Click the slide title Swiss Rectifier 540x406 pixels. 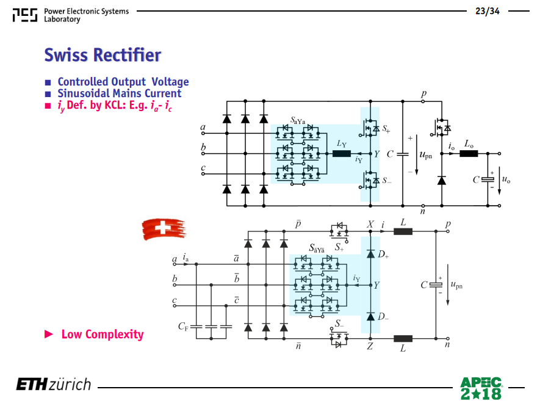click(103, 55)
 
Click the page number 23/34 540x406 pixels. click(488, 11)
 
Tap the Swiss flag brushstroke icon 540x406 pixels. click(164, 228)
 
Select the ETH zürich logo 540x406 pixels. click(54, 385)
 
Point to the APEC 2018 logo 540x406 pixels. click(481, 388)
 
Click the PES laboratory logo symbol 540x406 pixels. click(25, 15)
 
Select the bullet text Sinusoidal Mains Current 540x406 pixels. click(119, 93)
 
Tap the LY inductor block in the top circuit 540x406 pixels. click(342, 154)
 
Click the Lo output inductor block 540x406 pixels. click(469, 153)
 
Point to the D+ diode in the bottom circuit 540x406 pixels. click(370, 254)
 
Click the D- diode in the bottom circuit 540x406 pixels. click(370, 316)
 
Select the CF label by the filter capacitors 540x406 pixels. click(183, 326)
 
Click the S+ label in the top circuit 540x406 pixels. click(386, 129)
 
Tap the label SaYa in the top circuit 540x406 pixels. click(298, 120)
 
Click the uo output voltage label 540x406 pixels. click(506, 179)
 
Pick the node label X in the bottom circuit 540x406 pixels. click(370, 225)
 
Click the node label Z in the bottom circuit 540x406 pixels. click(370, 346)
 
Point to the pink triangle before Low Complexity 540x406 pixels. click(49, 334)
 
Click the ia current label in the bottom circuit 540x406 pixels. click(185, 257)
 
